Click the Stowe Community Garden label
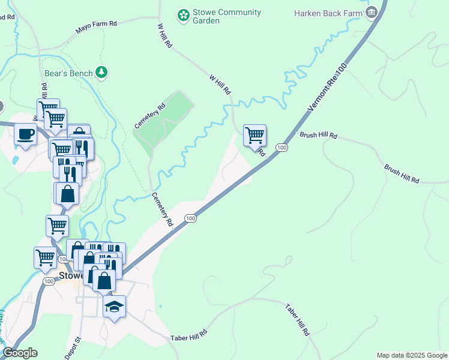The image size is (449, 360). pyautogui.click(x=226, y=16)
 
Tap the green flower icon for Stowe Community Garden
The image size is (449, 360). pyautogui.click(x=182, y=13)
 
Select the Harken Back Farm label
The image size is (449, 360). pyautogui.click(x=328, y=13)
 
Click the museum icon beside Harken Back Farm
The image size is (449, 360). pyautogui.click(x=372, y=12)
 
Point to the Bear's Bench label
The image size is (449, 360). pyautogui.click(x=68, y=73)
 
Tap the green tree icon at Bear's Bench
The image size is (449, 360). pyautogui.click(x=102, y=73)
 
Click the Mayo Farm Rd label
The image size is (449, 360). pyautogui.click(x=95, y=26)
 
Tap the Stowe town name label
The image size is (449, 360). pyautogui.click(x=70, y=276)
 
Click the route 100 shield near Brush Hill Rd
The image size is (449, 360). pyautogui.click(x=282, y=147)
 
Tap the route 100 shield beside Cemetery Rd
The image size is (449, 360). pyautogui.click(x=190, y=218)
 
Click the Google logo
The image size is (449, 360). pyautogui.click(x=20, y=353)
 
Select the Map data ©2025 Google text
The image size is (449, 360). pyautogui.click(x=411, y=355)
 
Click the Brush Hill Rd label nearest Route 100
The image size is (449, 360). pyautogui.click(x=318, y=136)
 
